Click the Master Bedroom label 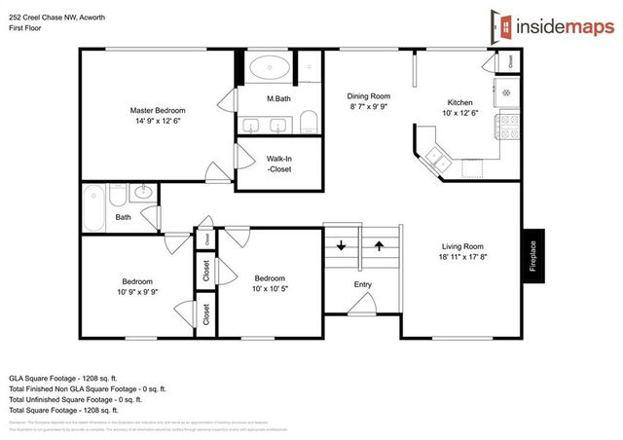pyautogui.click(x=157, y=110)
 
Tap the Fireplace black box pyautogui.click(x=532, y=256)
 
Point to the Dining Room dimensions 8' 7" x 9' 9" pyautogui.click(x=369, y=108)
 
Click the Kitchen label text pyautogui.click(x=459, y=102)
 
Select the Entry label pyautogui.click(x=362, y=284)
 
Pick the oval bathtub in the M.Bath pyautogui.click(x=267, y=69)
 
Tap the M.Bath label pyautogui.click(x=279, y=99)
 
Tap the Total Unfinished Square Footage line pyautogui.click(x=75, y=398)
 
